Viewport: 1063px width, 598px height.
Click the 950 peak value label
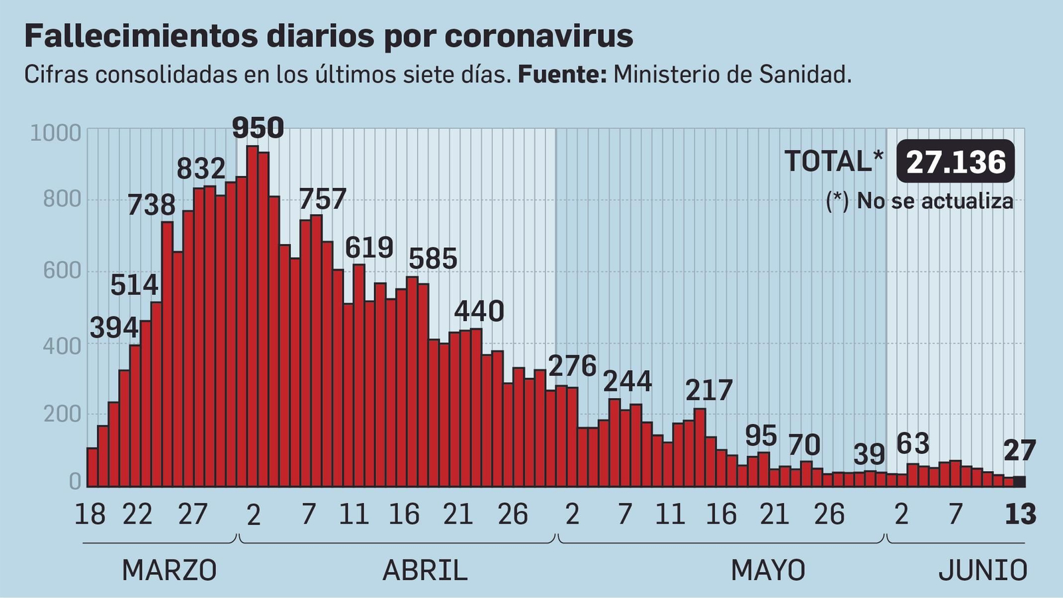[x=258, y=128]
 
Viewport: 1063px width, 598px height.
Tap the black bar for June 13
[x=1019, y=482]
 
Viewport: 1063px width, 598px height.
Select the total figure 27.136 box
[x=955, y=161]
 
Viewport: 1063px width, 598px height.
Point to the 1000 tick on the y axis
[x=56, y=133]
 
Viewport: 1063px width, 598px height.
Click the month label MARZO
[x=169, y=570]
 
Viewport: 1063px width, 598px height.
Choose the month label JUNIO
[x=983, y=570]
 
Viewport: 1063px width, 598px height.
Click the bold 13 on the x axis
[x=1020, y=514]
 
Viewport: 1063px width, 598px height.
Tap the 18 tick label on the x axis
[x=90, y=514]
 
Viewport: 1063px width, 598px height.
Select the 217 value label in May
[x=709, y=391]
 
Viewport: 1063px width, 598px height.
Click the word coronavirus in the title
[x=538, y=36]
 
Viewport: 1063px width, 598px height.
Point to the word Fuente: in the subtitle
[x=562, y=74]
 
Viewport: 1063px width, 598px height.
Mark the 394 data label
[x=114, y=328]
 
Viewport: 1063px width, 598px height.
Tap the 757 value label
[x=323, y=199]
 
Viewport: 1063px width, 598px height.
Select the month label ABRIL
[x=425, y=570]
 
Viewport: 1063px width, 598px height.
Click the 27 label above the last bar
[x=1019, y=451]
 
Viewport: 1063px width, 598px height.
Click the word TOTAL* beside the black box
[x=834, y=161]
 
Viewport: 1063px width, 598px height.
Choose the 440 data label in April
[x=479, y=311]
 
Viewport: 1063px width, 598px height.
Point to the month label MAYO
[x=768, y=570]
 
